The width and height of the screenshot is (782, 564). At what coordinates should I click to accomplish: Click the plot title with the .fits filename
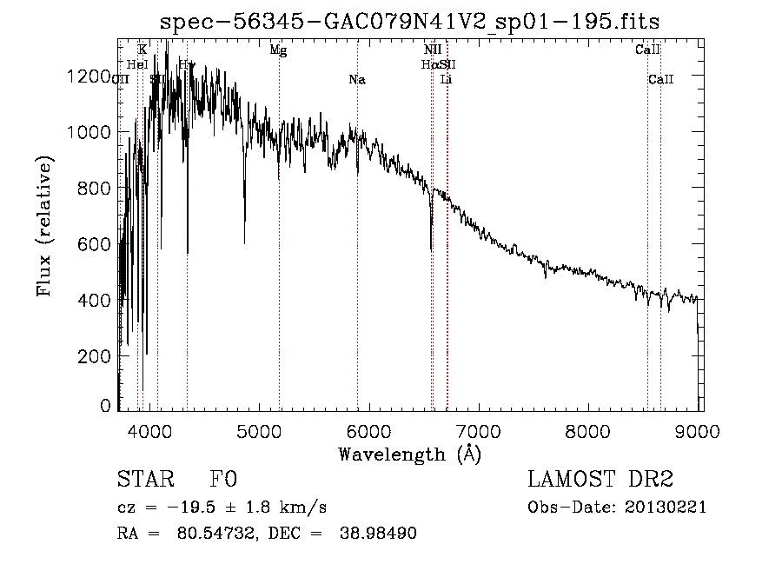[412, 21]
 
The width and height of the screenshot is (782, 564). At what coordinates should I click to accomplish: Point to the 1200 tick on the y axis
[89, 76]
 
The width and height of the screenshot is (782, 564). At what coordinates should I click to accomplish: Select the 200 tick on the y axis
[94, 356]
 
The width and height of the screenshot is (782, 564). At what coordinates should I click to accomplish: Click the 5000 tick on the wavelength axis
[259, 429]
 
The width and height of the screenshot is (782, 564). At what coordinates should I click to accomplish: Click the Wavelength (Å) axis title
[409, 454]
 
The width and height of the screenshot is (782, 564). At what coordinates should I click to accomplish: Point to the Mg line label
[278, 50]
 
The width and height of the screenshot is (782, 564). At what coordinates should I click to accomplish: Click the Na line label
[356, 80]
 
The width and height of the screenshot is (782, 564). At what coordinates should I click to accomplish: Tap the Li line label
[447, 80]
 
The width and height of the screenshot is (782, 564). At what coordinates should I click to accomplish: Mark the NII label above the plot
[433, 50]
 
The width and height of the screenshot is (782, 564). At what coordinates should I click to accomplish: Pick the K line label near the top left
[142, 50]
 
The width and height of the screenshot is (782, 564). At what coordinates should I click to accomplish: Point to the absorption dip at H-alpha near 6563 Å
[431, 248]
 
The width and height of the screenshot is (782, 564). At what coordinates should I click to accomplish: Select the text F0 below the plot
[223, 480]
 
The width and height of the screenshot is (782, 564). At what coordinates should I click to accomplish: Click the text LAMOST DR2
[600, 480]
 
